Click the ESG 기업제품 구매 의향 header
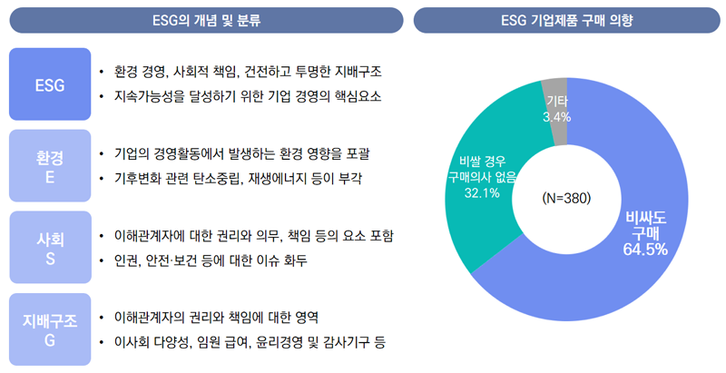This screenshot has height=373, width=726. tap(567, 19)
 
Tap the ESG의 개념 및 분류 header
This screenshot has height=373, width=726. tap(204, 19)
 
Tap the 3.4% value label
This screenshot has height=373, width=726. tap(556, 117)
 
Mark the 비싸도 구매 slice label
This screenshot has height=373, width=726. tap(645, 225)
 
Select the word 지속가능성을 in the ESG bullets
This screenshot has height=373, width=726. tap(151, 96)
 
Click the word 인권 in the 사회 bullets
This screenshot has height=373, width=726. tap(125, 261)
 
